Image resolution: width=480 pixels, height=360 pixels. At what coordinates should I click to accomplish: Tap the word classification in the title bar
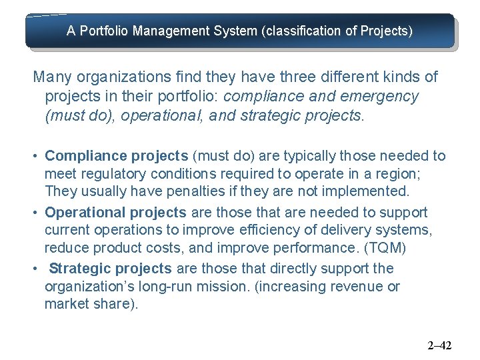pyautogui.click(x=300, y=31)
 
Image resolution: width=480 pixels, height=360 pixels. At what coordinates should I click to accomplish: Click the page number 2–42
pyautogui.click(x=439, y=345)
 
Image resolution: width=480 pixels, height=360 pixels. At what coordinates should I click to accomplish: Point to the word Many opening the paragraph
pyautogui.click(x=51, y=77)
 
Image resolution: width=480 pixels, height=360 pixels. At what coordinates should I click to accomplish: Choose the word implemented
pyautogui.click(x=367, y=191)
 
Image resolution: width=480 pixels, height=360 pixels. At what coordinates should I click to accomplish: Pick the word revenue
pyautogui.click(x=358, y=287)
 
